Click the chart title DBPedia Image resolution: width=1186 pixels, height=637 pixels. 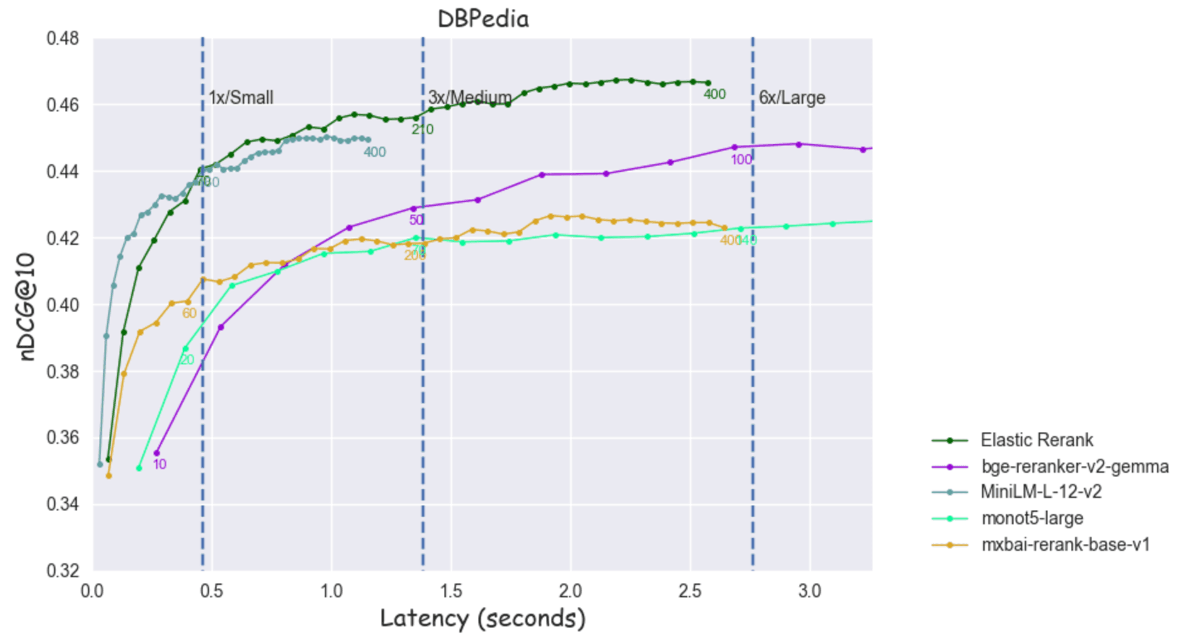483,19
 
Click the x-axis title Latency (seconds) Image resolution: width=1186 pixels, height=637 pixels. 483,618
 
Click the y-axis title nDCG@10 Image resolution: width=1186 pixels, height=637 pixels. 26,307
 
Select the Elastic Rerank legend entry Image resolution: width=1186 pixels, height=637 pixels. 1036,440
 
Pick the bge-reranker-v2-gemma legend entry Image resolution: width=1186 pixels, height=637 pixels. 1075,466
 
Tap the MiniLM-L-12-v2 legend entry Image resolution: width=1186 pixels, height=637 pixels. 1041,492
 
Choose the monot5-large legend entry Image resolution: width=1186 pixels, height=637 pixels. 1032,518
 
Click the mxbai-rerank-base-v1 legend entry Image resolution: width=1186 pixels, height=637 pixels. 1065,544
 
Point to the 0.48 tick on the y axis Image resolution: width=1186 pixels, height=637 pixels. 63,38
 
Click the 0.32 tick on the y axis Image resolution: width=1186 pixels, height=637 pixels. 63,570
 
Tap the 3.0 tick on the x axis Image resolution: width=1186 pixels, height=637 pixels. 810,591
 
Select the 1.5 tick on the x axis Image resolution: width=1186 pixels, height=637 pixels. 451,591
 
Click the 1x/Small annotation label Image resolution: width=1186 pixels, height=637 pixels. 241,98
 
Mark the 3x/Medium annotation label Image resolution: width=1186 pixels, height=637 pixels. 470,98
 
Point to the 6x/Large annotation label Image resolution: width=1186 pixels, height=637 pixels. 791,98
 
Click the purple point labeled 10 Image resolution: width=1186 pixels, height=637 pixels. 157,453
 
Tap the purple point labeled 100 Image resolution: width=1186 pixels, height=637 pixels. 734,147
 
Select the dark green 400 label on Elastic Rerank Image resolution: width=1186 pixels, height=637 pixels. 714,94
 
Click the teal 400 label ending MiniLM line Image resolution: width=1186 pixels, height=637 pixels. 375,152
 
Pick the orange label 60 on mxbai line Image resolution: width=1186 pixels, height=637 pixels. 189,313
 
